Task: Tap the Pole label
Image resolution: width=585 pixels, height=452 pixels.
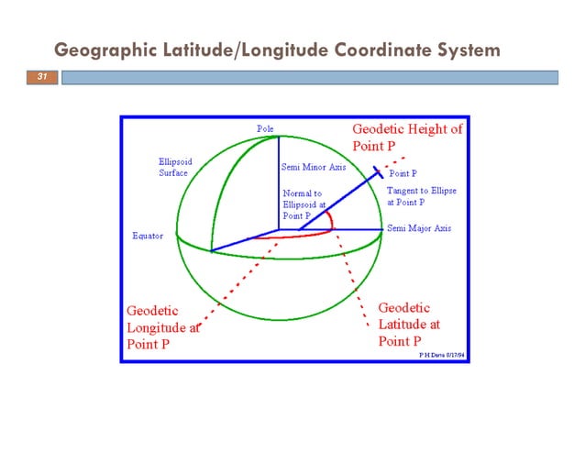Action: pyautogui.click(x=264, y=129)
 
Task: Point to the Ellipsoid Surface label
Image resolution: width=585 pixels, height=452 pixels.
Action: pyautogui.click(x=173, y=166)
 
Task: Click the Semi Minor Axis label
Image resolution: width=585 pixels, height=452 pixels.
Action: pyautogui.click(x=313, y=168)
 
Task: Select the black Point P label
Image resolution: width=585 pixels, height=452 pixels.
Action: pyautogui.click(x=403, y=173)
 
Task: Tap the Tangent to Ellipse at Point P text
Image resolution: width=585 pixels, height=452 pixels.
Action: pyautogui.click(x=421, y=195)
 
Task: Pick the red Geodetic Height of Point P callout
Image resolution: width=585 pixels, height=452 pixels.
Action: pyautogui.click(x=407, y=137)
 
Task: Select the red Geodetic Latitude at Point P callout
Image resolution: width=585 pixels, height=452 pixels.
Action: pyautogui.click(x=409, y=324)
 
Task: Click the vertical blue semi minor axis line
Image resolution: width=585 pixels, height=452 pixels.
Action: pyautogui.click(x=279, y=183)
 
